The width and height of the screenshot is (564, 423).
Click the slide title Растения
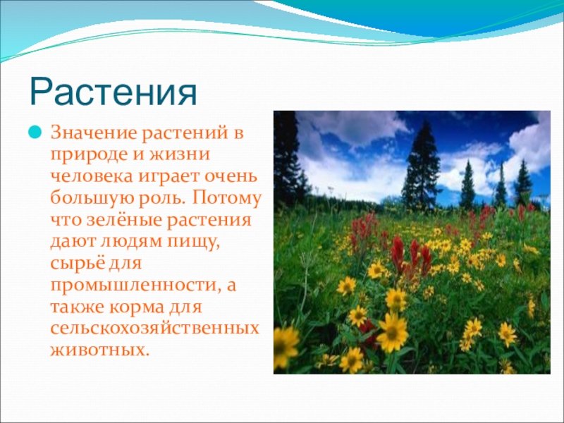tap(114, 91)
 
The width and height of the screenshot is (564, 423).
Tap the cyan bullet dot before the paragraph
tap(35, 132)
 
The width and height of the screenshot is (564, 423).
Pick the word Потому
tap(226, 199)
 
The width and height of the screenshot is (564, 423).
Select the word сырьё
tap(74, 262)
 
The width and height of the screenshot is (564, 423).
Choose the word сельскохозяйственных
tap(154, 329)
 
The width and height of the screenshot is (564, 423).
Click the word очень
tap(231, 177)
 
